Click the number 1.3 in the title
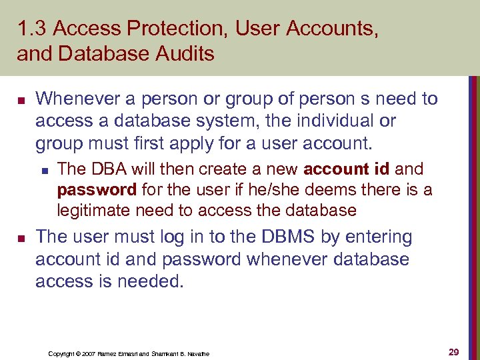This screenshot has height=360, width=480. [31, 29]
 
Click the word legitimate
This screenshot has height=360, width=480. [94, 211]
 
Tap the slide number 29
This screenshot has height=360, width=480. [453, 352]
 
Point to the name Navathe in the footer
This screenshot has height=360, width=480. [197, 353]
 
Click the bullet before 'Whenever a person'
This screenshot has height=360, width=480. [21, 100]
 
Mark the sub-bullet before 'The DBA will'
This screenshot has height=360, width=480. [45, 170]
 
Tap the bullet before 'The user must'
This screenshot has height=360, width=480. [21, 238]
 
